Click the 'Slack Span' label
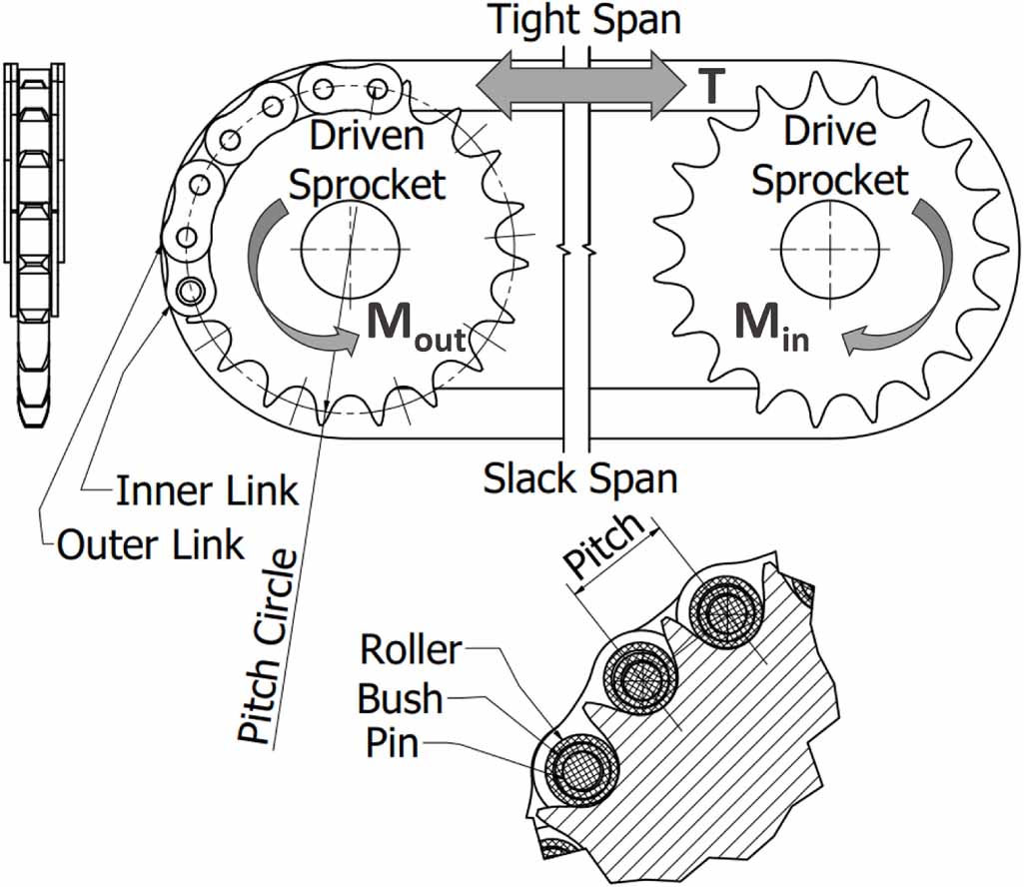[x=580, y=478]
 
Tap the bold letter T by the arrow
[x=709, y=89]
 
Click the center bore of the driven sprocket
[x=351, y=246]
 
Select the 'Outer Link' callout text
[x=151, y=544]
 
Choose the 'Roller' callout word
[x=411, y=650]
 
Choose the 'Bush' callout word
[x=400, y=699]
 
